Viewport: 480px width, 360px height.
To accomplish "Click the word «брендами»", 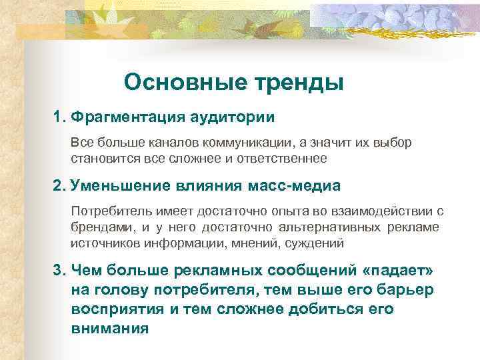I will click(x=99, y=227).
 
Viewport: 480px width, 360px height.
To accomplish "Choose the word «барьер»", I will click(x=405, y=290).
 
